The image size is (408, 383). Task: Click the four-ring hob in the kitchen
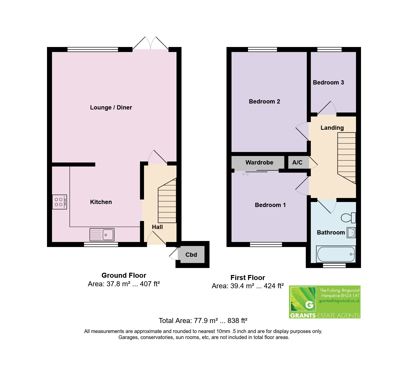pos(59,202)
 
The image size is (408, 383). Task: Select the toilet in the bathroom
pos(348,217)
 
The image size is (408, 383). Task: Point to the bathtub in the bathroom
pos(336,254)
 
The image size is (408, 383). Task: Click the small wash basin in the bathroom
pos(351,233)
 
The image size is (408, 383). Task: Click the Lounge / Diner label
pos(111,107)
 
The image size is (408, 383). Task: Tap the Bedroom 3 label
pos(328,82)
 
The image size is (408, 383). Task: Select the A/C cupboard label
pos(297,162)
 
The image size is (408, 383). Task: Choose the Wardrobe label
pos(259,162)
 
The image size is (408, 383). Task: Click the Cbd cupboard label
pos(191,255)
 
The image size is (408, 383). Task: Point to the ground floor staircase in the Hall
pos(167,200)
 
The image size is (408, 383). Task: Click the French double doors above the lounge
pos(150,43)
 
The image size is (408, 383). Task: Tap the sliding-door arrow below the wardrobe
pos(245,174)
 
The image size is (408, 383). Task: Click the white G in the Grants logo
pos(309,305)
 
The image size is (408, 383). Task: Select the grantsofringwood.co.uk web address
pos(339,301)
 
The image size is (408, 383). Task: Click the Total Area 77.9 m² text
pos(203,320)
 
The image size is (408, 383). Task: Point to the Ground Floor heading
pos(124,275)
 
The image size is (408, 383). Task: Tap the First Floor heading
pos(247,278)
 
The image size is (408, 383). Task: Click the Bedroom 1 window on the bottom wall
pos(266,244)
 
